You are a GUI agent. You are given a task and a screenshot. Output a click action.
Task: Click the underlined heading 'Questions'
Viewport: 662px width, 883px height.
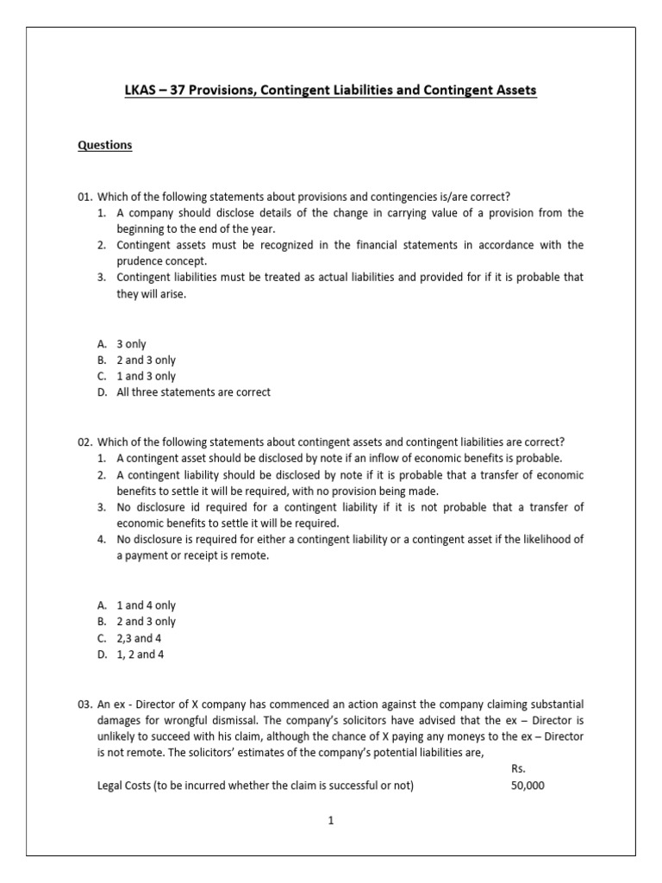pos(105,145)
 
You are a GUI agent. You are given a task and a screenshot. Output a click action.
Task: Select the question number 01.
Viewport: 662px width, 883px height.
pos(84,197)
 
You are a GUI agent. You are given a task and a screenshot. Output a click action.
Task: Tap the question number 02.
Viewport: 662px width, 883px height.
pos(84,442)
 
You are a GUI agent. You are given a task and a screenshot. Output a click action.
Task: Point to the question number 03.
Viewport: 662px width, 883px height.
pos(84,705)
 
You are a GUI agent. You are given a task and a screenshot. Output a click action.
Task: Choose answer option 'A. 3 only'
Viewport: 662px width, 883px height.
pos(122,344)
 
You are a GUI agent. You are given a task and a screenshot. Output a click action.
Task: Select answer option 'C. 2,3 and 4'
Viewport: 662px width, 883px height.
pos(130,638)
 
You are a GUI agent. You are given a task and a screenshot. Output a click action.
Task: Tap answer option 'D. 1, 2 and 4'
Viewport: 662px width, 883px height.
pos(131,654)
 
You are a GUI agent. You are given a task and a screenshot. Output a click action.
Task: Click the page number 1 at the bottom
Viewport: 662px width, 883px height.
pos(330,821)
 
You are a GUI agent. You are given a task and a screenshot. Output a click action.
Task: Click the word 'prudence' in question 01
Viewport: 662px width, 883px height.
pos(138,261)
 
